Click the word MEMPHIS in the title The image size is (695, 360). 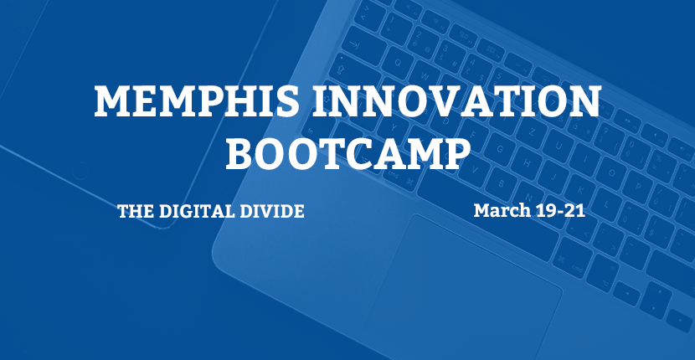coord(196,101)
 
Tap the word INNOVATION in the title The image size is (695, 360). coord(457,101)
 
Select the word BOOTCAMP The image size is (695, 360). coord(348,153)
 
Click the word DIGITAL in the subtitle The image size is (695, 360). coord(197,212)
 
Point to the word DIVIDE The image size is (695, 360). coord(271,212)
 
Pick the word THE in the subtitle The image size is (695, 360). coord(136,212)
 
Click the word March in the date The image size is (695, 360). coord(502,210)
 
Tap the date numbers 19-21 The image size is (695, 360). coord(560,211)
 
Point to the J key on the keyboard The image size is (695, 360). coord(553,176)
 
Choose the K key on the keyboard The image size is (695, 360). coord(580,190)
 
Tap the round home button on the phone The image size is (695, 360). coord(80,170)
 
